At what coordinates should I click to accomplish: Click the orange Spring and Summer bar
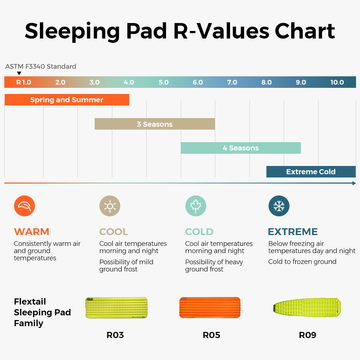[x=67, y=100]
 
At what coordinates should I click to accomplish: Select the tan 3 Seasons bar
[x=155, y=124]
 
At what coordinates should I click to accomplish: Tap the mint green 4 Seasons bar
[x=240, y=148]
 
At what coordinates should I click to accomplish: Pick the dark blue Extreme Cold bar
[x=311, y=171]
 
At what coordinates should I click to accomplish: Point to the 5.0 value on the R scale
[x=163, y=82]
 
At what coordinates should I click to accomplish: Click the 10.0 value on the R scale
[x=337, y=82]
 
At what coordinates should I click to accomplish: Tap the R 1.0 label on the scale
[x=24, y=82]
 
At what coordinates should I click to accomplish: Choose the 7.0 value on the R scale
[x=232, y=82]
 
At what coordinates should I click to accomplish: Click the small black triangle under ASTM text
[x=19, y=73]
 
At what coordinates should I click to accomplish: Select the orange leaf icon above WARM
[x=24, y=206]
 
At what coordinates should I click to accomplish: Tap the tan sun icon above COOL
[x=110, y=206]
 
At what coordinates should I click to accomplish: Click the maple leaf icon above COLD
[x=195, y=206]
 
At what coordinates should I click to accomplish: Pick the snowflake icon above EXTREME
[x=279, y=206]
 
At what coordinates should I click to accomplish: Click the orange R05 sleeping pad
[x=210, y=307]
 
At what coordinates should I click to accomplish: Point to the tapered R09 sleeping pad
[x=307, y=307]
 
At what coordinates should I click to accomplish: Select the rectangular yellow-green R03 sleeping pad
[x=116, y=308]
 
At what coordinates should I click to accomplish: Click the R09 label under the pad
[x=307, y=335]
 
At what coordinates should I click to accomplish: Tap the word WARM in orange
[x=31, y=231]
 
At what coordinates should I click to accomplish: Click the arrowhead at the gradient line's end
[x=354, y=183]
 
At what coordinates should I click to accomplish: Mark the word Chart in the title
[x=305, y=31]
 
